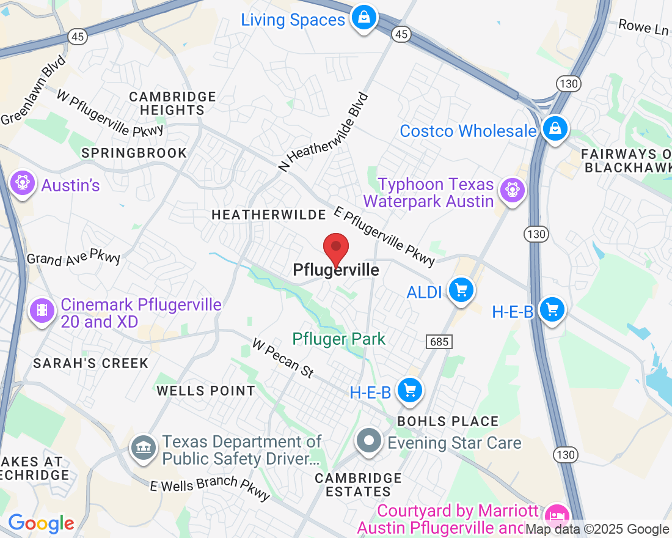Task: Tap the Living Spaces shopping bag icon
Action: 364,18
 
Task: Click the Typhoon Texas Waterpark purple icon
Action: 512,190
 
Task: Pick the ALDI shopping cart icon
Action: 461,290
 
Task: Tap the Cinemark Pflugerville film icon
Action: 42,310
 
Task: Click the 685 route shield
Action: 439,342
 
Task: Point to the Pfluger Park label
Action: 339,339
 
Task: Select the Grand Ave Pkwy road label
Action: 73,257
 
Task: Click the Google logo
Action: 41,523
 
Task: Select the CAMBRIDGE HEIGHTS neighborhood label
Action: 172,103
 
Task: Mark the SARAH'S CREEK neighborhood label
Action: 90,363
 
